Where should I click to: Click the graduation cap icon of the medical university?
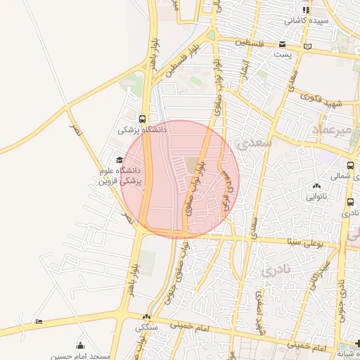click(x=118, y=160)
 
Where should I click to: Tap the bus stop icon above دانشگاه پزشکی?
click(x=143, y=119)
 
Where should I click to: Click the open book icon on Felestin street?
click(x=307, y=46)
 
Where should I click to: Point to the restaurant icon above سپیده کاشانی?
click(x=305, y=10)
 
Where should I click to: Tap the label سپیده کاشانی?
click(x=305, y=21)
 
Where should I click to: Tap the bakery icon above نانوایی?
click(x=316, y=186)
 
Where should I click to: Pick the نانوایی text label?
click(x=316, y=197)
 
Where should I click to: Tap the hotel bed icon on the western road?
click(x=39, y=322)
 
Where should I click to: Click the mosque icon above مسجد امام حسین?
click(x=80, y=345)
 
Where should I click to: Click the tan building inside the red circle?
click(x=192, y=166)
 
